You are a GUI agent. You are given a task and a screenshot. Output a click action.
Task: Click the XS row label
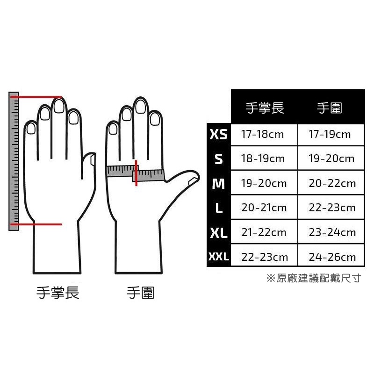point(218,134)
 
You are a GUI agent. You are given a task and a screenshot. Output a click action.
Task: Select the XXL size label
point(218,257)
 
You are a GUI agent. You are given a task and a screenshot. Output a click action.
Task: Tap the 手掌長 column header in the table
point(265,108)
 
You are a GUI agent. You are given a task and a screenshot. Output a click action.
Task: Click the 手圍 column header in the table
point(330,108)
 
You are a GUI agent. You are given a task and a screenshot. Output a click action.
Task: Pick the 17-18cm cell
point(262,134)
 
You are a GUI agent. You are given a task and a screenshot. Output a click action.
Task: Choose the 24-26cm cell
point(332,257)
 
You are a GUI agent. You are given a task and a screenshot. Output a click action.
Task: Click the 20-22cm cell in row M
point(332,183)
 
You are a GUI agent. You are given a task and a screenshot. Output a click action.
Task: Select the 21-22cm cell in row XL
point(264,232)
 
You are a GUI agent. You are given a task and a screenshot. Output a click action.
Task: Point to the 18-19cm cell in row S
point(263,158)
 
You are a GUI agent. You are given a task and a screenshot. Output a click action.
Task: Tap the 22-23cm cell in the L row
point(332,208)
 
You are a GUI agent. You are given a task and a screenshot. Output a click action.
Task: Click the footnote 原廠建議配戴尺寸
point(319,278)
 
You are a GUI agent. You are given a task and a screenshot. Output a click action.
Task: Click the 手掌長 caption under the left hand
point(58,293)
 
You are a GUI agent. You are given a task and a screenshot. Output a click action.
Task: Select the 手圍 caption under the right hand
point(141,293)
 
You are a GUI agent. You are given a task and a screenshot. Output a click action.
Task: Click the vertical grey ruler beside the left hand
point(14,161)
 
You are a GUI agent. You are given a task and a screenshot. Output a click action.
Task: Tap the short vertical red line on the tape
point(136,173)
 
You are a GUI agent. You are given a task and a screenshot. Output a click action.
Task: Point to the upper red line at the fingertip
point(36,97)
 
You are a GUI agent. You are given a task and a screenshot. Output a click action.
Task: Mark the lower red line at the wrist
point(36,224)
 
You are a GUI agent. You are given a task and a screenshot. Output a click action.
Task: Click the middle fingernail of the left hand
point(59,106)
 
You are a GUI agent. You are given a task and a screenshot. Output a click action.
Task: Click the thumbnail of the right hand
point(193,181)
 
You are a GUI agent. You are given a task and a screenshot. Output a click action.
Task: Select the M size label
point(218,184)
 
